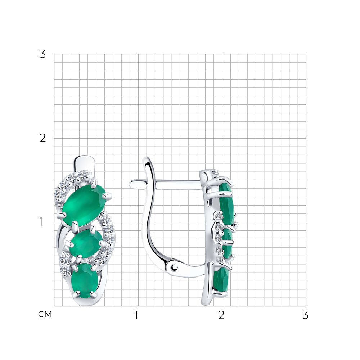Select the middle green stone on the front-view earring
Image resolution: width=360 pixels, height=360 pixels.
pos(86,243)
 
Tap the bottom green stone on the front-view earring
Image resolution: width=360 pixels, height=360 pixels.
pos(85,280)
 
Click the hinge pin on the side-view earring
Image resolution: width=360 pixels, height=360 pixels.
pos(175,267)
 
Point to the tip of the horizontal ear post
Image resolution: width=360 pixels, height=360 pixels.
pos(130,184)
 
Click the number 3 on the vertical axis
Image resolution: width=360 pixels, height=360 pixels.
pos(42,54)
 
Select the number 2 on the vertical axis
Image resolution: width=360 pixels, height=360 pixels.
pos(42,138)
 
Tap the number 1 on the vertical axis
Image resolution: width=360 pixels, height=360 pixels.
pos(41,222)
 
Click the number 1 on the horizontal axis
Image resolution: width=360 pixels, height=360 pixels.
pos(136,315)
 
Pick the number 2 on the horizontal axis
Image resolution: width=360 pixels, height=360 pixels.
pos(221,315)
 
